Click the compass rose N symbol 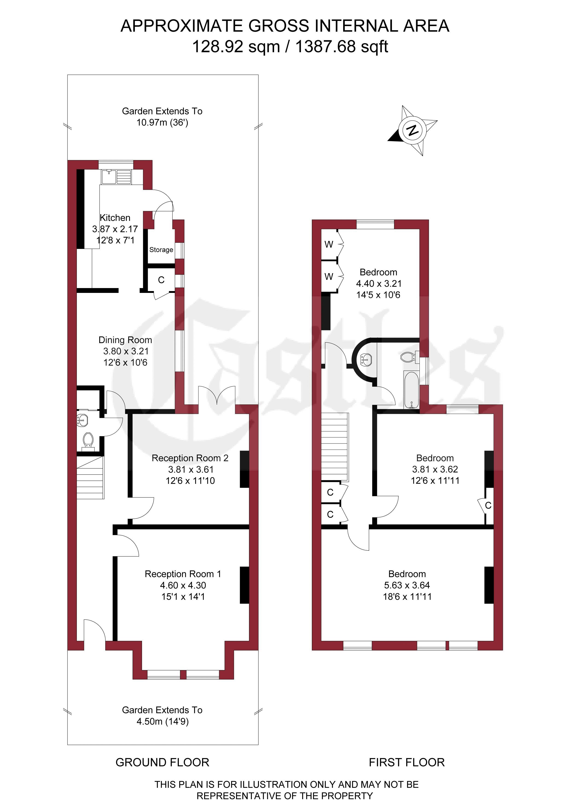[412, 131]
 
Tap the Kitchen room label [115, 218]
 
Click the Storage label [161, 250]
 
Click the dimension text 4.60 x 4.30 [183, 585]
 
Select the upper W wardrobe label [329, 244]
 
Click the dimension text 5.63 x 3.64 [407, 585]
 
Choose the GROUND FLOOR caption [162, 762]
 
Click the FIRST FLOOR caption [407, 762]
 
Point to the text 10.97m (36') [162, 123]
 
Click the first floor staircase [335, 447]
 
